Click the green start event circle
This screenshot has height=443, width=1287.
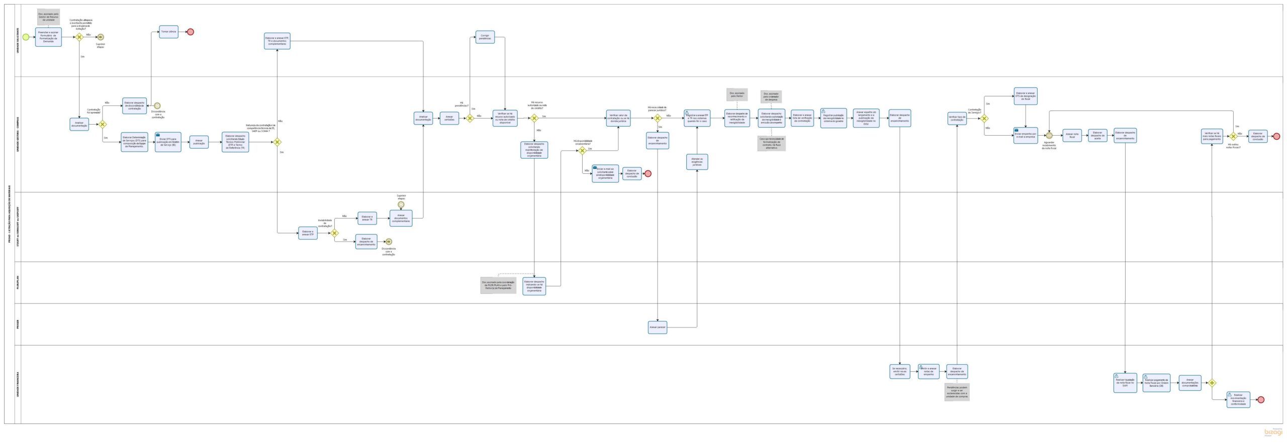(x=26, y=37)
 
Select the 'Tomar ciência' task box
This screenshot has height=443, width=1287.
(x=168, y=32)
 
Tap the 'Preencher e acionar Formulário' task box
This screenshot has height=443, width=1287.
(x=48, y=37)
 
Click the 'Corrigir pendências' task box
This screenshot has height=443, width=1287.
(x=485, y=37)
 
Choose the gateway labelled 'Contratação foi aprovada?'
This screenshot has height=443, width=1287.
(x=103, y=124)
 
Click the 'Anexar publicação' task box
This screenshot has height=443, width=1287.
(x=199, y=142)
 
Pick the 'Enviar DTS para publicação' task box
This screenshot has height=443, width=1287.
(x=168, y=142)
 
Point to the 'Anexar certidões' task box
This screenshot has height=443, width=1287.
(x=449, y=118)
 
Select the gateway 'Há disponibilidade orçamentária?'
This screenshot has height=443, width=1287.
(x=582, y=150)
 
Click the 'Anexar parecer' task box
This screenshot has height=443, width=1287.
(x=658, y=327)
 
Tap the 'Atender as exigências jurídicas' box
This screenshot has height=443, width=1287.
(x=697, y=162)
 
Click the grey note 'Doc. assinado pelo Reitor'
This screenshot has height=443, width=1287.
(x=737, y=94)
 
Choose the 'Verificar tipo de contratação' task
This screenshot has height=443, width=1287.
(x=957, y=119)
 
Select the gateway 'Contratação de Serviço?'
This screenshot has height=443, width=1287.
(x=984, y=119)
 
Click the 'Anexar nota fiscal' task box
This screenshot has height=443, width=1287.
(x=1072, y=135)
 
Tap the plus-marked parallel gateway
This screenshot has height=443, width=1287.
(x=1212, y=383)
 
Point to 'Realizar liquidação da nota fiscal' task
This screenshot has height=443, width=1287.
(x=1125, y=383)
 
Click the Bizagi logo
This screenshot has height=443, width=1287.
(x=1273, y=432)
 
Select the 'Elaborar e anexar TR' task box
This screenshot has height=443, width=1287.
(x=367, y=218)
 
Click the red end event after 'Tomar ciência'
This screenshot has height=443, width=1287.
(x=191, y=32)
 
